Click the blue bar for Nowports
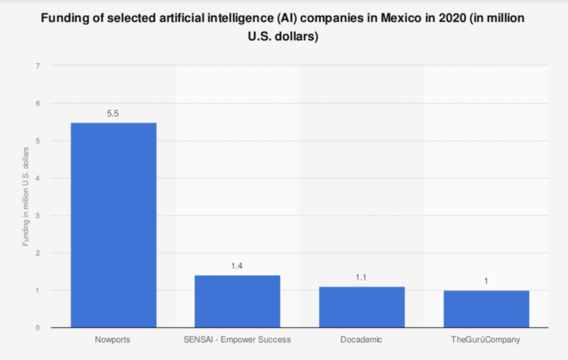click(x=113, y=225)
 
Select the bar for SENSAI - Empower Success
click(x=237, y=301)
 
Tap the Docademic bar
click(x=362, y=307)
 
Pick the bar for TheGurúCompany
click(x=486, y=309)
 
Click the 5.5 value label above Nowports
click(x=113, y=114)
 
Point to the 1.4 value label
click(x=237, y=266)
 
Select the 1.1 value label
click(x=362, y=277)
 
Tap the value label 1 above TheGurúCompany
click(x=486, y=281)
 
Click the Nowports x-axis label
click(x=113, y=340)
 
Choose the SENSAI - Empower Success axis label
click(x=237, y=340)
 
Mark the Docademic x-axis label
click(x=362, y=340)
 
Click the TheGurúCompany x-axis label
click(x=486, y=340)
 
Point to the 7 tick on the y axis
click(x=38, y=66)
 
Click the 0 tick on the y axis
click(x=38, y=328)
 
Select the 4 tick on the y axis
click(x=38, y=178)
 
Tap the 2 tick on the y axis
click(x=38, y=253)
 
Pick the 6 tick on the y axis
click(x=38, y=104)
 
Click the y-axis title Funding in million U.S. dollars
click(x=25, y=197)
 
